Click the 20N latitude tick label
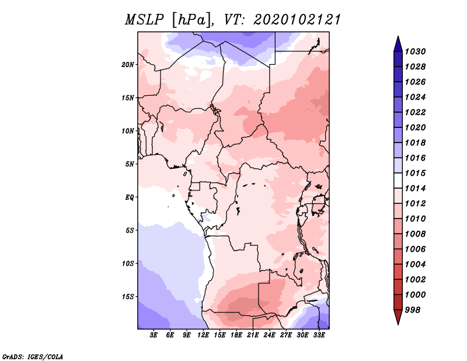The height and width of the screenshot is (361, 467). pyautogui.click(x=128, y=65)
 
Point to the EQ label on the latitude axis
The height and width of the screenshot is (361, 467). pyautogui.click(x=130, y=197)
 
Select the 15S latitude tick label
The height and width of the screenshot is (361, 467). pyautogui.click(x=128, y=297)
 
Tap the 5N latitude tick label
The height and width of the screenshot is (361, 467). pyautogui.click(x=130, y=164)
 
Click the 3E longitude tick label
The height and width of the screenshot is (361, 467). pyautogui.click(x=154, y=335)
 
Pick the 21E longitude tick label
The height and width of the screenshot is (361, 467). pyautogui.click(x=253, y=335)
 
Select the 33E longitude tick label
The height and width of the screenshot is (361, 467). pyautogui.click(x=319, y=335)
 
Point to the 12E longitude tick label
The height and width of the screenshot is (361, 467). pyautogui.click(x=203, y=335)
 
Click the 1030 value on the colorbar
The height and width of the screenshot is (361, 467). pyautogui.click(x=415, y=51)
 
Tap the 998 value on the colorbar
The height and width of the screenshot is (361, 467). pyautogui.click(x=413, y=310)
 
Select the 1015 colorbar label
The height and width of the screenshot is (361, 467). pyautogui.click(x=415, y=173)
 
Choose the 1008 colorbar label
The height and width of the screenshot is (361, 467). pyautogui.click(x=415, y=234)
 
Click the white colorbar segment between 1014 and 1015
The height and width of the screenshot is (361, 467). pyautogui.click(x=398, y=180)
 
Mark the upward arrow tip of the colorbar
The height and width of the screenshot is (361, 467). pyautogui.click(x=398, y=36)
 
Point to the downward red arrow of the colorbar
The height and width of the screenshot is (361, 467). pyautogui.click(x=398, y=317)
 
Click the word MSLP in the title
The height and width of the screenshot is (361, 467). pyautogui.click(x=144, y=20)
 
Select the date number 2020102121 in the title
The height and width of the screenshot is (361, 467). pyautogui.click(x=297, y=20)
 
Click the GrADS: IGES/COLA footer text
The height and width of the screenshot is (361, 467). pyautogui.click(x=33, y=356)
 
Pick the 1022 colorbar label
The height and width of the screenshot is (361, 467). pyautogui.click(x=415, y=112)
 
